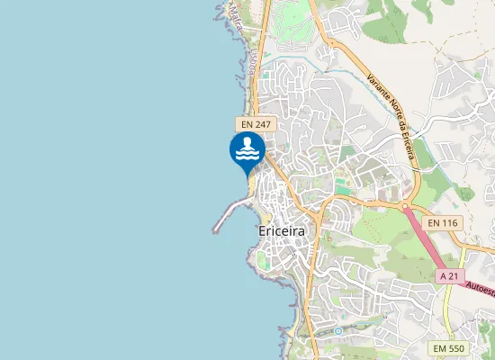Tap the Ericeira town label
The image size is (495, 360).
click(x=282, y=231)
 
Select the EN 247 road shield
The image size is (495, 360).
click(x=256, y=123)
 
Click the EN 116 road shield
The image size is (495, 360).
click(x=443, y=222)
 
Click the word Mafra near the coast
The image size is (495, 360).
click(x=236, y=12)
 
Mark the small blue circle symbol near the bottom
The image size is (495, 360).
click(x=338, y=331)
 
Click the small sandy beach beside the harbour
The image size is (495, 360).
click(x=266, y=216)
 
